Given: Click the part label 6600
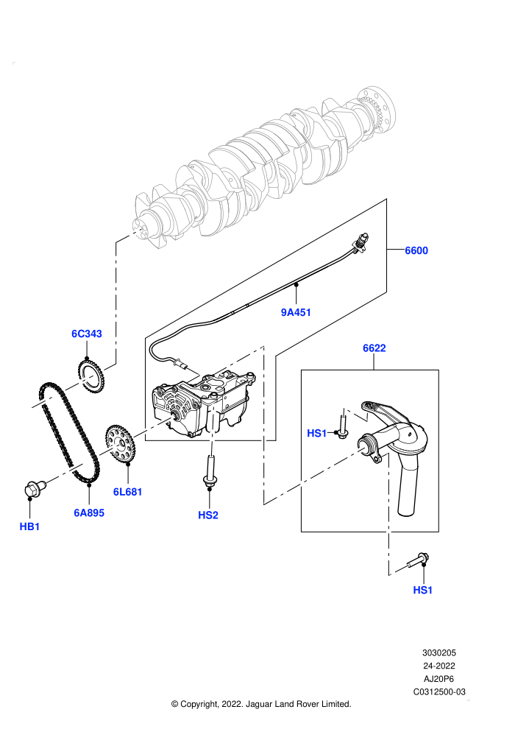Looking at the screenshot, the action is [x=416, y=250].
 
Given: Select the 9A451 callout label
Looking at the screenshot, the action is [x=296, y=312].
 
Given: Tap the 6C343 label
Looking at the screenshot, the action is [x=87, y=334].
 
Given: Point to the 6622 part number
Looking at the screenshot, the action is [x=374, y=348].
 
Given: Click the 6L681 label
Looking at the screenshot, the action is [x=128, y=492].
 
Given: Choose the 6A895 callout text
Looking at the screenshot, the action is [x=89, y=513].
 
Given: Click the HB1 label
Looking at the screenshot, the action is [x=29, y=526].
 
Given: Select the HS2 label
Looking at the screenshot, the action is [x=208, y=515].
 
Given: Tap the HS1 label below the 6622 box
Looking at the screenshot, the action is [x=422, y=590].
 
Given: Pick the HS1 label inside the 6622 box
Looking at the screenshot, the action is [x=316, y=433].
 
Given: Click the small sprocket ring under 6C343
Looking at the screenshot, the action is [x=90, y=375].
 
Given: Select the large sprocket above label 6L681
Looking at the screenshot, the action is [x=120, y=443].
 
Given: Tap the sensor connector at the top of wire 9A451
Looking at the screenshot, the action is [x=361, y=243].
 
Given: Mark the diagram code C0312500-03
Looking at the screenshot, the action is [x=439, y=691].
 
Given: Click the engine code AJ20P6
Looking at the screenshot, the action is [x=439, y=679].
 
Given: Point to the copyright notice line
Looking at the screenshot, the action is [x=261, y=705].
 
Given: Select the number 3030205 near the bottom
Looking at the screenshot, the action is [x=439, y=652].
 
